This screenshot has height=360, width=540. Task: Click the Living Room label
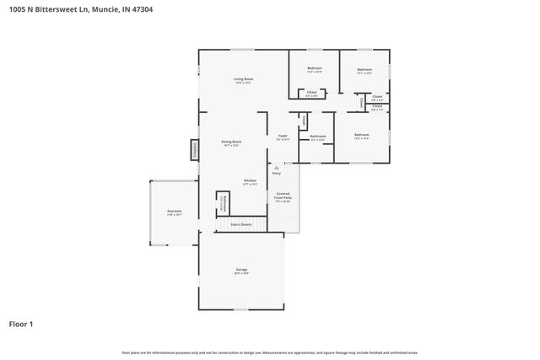tap(244, 80)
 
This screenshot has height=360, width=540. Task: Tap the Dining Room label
tap(231, 143)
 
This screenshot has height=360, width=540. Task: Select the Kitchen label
tap(250, 182)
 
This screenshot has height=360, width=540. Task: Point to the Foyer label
tap(283, 137)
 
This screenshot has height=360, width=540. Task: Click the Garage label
tap(241, 271)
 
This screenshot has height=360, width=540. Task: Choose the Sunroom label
tap(174, 212)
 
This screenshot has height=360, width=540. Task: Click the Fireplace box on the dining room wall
tap(194, 150)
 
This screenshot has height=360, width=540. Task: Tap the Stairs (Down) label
tap(241, 224)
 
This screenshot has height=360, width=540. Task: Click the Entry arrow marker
tap(276, 171)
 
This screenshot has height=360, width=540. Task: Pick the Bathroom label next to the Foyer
tap(317, 137)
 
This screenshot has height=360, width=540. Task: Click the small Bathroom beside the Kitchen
tap(223, 202)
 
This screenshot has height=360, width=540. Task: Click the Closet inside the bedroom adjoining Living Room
tap(311, 93)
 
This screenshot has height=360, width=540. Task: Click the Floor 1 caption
tap(22, 323)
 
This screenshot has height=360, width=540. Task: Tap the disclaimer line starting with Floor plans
tap(269, 352)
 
